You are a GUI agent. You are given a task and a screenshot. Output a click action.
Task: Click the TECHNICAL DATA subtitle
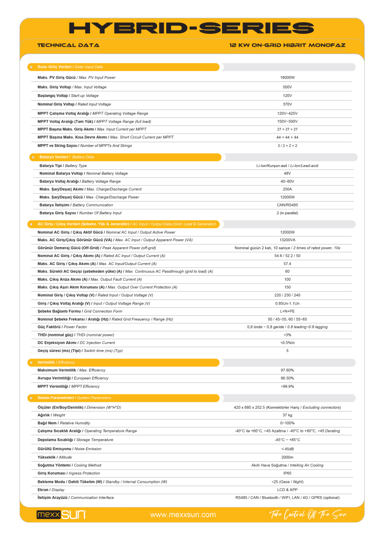pos(68,45)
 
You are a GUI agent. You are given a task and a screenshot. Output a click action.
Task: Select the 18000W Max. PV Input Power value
pos(287,77)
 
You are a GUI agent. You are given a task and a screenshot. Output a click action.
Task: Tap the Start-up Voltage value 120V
pos(287,96)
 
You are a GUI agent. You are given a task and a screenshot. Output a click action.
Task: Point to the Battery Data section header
pos(67,157)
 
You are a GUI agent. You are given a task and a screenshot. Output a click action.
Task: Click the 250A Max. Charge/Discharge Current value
pos(287,189)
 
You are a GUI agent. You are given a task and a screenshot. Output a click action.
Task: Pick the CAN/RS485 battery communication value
pos(287,205)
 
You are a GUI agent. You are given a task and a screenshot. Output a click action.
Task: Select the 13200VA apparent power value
pos(287,240)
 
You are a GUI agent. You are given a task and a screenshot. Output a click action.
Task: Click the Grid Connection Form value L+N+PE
pos(287,311)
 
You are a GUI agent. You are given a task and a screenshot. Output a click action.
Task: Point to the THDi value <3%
pos(287,335)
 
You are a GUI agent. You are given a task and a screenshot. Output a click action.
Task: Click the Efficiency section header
pos(56,362)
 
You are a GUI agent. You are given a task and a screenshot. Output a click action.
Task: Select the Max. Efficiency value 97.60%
pos(287,370)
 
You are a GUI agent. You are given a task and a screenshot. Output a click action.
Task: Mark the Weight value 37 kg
pos(287,415)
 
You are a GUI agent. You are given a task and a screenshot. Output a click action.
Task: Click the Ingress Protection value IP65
pos(287,473)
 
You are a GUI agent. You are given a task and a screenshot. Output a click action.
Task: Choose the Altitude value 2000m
pos(287,457)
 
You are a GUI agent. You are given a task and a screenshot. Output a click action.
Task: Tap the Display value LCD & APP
pos(287,489)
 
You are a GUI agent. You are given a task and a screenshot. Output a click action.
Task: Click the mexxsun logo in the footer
pos(61,515)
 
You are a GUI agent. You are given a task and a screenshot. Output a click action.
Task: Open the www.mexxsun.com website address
pos(183,515)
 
